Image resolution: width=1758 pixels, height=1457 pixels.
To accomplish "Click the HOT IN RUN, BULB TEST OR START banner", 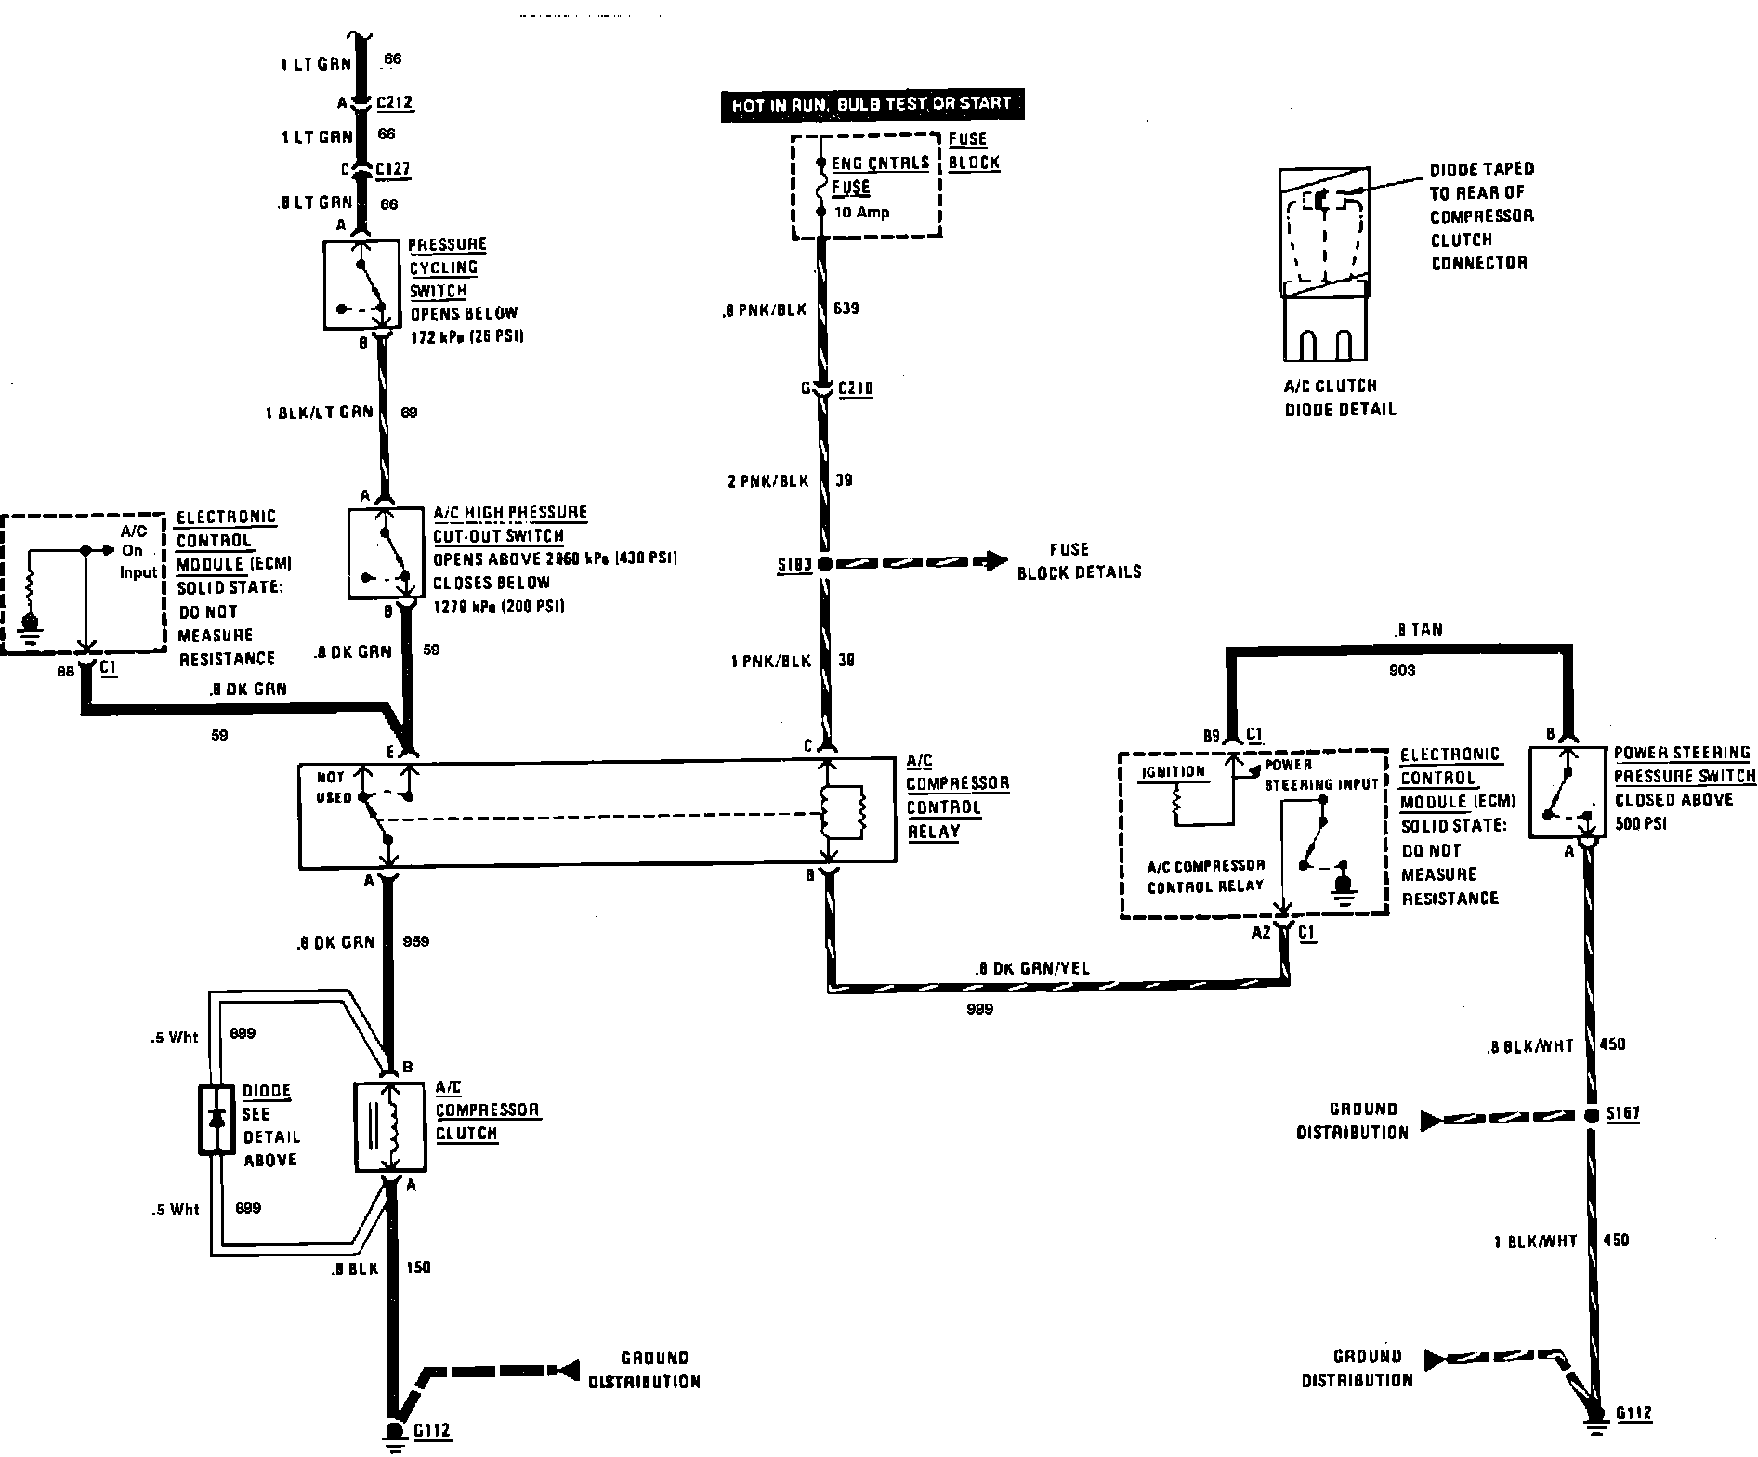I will (872, 104).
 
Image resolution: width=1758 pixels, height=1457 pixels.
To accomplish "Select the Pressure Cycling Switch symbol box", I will (363, 284).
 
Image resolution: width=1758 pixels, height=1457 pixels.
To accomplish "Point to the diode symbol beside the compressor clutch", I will (216, 1120).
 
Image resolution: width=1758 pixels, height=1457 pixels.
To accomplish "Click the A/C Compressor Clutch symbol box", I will (390, 1126).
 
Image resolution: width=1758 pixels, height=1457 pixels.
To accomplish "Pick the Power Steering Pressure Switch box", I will (1569, 791).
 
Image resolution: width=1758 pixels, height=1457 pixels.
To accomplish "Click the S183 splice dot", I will (824, 563).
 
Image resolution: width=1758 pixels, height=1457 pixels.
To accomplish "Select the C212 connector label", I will (395, 102).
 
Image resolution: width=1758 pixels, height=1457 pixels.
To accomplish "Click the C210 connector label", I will (856, 388).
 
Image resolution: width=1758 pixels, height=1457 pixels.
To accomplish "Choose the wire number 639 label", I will (846, 308).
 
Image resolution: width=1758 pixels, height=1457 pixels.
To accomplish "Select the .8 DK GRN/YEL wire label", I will (1031, 968).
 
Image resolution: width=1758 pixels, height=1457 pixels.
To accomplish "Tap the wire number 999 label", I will (979, 1009).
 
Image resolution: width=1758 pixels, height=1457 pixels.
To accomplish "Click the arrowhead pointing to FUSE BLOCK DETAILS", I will (996, 560).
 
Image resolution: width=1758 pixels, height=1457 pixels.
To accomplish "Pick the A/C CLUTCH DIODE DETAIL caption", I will (1340, 397).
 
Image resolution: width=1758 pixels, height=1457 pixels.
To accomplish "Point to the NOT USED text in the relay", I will (333, 787).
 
